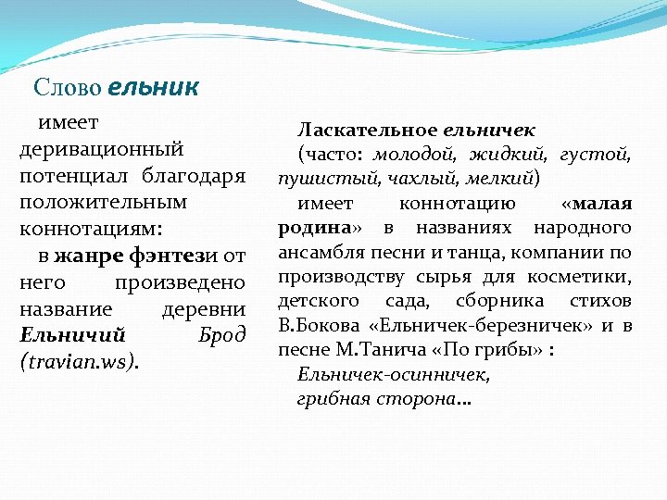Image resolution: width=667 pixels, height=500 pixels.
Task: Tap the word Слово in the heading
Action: [68, 88]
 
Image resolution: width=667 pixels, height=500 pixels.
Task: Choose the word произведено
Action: [179, 281]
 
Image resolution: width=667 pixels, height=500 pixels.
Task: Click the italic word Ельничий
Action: [72, 334]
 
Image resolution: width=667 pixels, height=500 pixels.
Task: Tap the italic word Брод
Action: [222, 334]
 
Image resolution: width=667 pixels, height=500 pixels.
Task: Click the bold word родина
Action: [312, 227]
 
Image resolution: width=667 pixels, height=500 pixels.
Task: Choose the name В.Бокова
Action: [314, 325]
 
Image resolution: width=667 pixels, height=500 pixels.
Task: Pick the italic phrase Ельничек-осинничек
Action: [394, 374]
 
